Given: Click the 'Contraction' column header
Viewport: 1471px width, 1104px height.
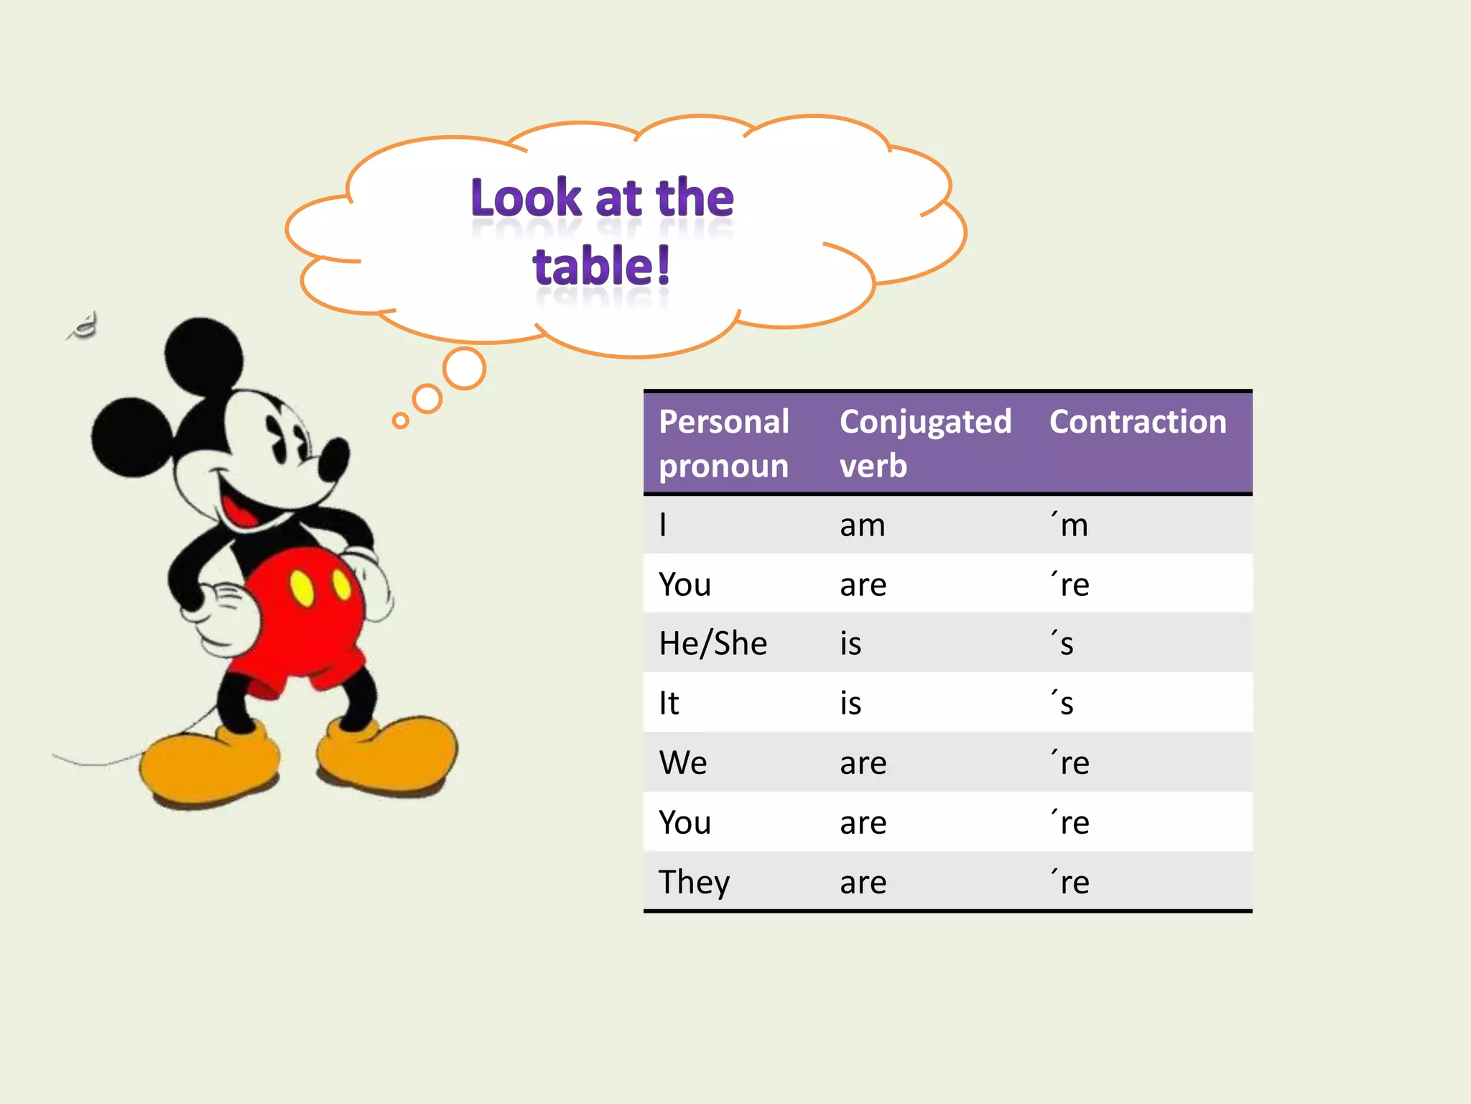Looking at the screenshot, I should pos(1138,422).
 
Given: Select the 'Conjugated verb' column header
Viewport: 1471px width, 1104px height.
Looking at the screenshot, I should pos(925,443).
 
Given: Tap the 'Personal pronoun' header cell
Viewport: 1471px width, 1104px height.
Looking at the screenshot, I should pos(724,443).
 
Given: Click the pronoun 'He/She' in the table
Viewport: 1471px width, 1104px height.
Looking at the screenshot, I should pos(713,643).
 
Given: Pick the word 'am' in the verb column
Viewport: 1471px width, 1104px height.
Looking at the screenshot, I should pos(863,525).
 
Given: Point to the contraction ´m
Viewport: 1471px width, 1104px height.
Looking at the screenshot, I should pos(1070,525).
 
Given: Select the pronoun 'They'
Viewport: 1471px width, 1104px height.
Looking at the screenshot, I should pos(694,882).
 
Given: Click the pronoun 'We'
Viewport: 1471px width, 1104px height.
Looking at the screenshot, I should pos(682,763).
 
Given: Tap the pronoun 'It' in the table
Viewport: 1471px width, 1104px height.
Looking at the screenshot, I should pos(669,703).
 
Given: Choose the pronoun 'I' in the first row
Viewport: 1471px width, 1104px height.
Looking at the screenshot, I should pos(663,525).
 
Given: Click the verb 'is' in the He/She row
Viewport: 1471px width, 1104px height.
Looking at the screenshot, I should pos(850,643).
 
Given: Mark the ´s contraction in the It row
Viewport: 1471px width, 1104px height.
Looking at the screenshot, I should pos(1063,703).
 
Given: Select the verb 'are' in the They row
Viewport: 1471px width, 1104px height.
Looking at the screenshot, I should pos(863,883).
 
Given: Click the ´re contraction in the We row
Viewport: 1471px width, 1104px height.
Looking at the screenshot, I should pos(1070,763).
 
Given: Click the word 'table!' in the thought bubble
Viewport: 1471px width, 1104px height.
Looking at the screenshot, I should pos(601,267).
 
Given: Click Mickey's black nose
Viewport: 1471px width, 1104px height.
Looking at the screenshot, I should pos(334,460).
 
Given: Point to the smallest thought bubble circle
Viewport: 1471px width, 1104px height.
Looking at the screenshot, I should pos(401,420).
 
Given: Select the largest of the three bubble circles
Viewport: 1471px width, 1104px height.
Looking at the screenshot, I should pos(464,369).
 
